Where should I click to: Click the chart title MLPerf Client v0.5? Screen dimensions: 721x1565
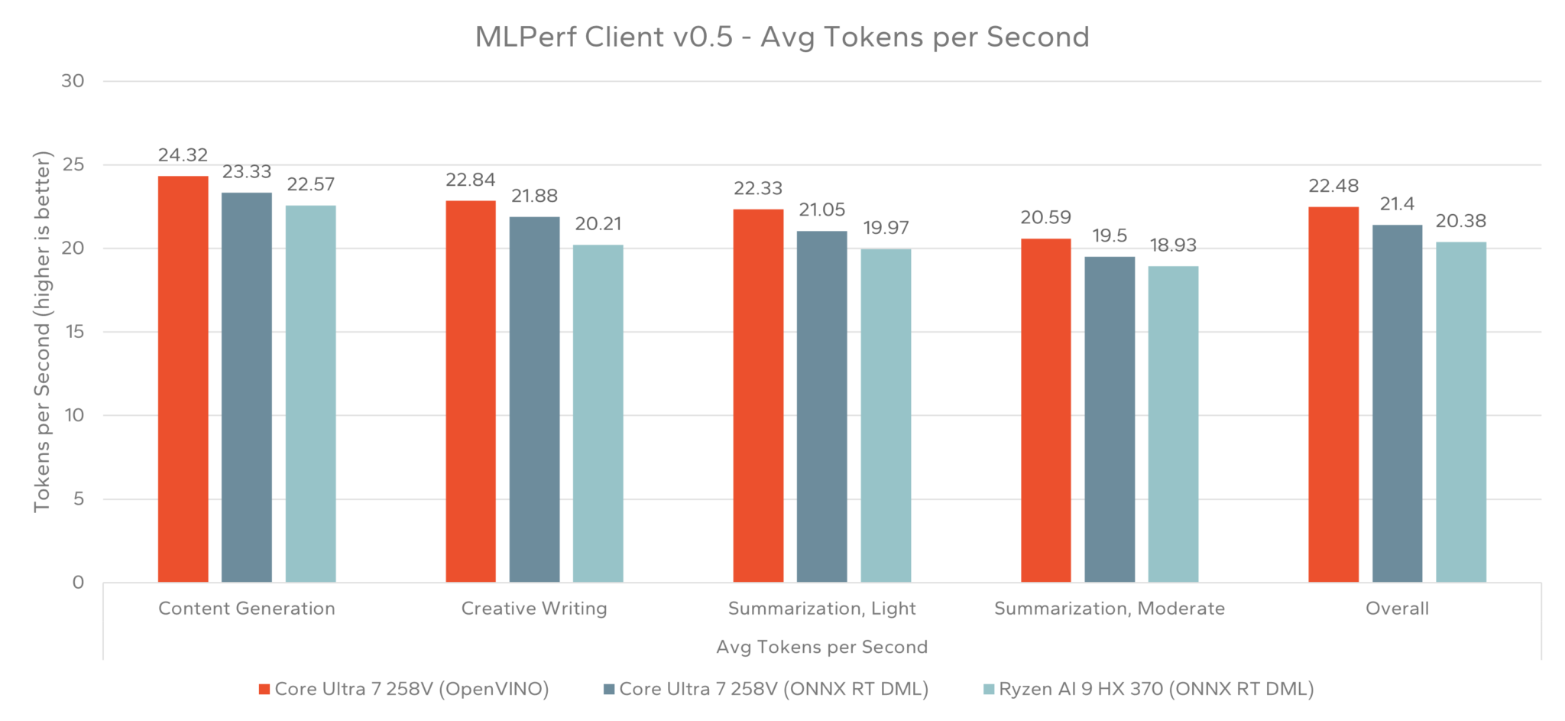click(782, 37)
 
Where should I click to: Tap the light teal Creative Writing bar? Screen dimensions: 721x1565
click(598, 413)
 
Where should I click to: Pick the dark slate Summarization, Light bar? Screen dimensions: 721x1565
click(821, 406)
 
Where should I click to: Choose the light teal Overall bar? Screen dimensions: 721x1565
click(1460, 412)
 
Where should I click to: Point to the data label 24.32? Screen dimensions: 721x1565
click(183, 155)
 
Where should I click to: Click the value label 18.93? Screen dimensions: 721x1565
click(1173, 245)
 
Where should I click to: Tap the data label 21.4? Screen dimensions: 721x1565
click(1397, 204)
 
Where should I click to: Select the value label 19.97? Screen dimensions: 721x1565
click(886, 228)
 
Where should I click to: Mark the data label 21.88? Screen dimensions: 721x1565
click(534, 196)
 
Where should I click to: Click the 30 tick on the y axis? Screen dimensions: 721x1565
click(73, 81)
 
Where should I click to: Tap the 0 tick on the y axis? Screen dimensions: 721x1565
click(78, 583)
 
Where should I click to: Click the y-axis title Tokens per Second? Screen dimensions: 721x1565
click(42, 332)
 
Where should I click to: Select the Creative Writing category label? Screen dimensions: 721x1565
click(534, 609)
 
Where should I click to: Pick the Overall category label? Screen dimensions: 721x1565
click(1397, 609)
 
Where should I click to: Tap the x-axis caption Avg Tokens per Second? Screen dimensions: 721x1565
click(821, 647)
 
